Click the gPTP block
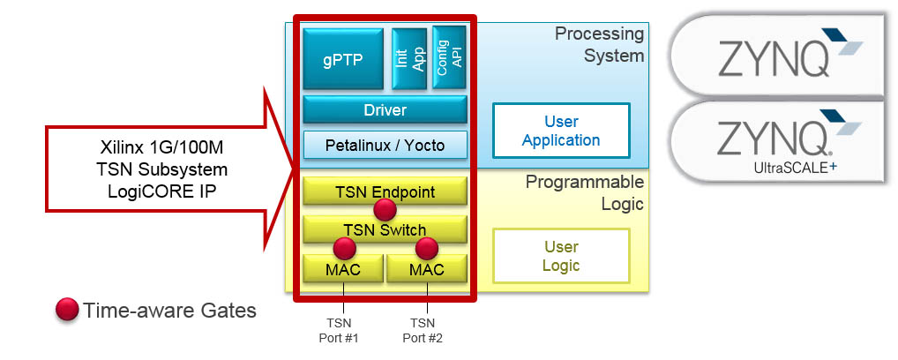[x=343, y=59]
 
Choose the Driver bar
[x=385, y=110]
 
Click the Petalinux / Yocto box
[x=385, y=145]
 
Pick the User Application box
[x=561, y=130]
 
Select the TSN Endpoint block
[x=385, y=190]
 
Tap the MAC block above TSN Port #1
[x=342, y=269]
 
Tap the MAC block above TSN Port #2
[x=426, y=269]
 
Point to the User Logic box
[x=561, y=255]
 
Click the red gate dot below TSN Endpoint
[x=385, y=210]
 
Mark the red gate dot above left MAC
[x=343, y=248]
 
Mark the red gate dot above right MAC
[x=427, y=248]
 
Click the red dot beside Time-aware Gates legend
[x=66, y=310]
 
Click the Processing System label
[x=599, y=44]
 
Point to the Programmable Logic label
[x=585, y=193]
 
